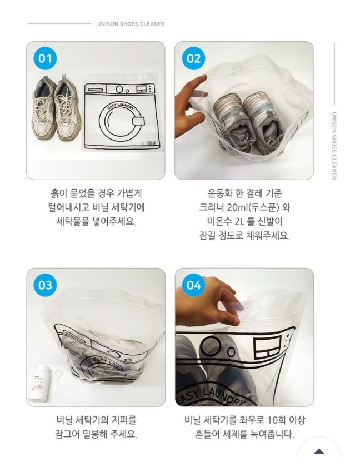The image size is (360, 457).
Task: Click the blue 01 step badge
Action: click(x=45, y=58)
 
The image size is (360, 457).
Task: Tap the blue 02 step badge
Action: click(x=194, y=58)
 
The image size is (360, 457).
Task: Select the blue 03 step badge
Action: click(x=45, y=285)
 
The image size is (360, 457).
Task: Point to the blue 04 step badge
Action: click(x=194, y=285)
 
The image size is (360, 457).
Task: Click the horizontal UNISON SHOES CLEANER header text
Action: click(x=131, y=24)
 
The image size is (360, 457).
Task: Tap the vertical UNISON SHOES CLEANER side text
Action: click(x=334, y=146)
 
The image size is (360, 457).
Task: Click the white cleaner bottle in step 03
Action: click(x=39, y=384)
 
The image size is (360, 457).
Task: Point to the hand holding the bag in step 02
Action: click(x=190, y=107)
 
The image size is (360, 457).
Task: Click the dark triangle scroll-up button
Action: click(x=319, y=451)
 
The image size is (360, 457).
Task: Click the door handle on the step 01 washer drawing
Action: click(x=139, y=121)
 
